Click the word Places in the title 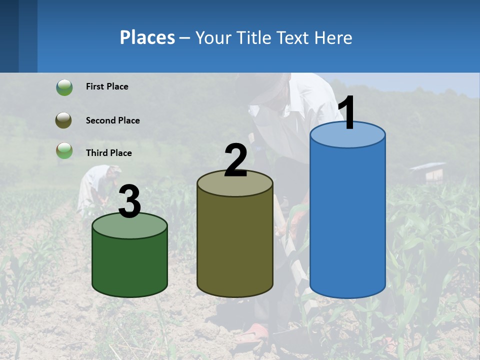[147, 37]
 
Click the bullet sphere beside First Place [64, 87]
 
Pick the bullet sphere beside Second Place [64, 120]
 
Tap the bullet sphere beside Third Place [64, 151]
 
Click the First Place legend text [107, 86]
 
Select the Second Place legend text [112, 120]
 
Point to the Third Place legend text [108, 153]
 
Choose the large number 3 [129, 201]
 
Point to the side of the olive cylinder [235, 245]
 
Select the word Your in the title [213, 37]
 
